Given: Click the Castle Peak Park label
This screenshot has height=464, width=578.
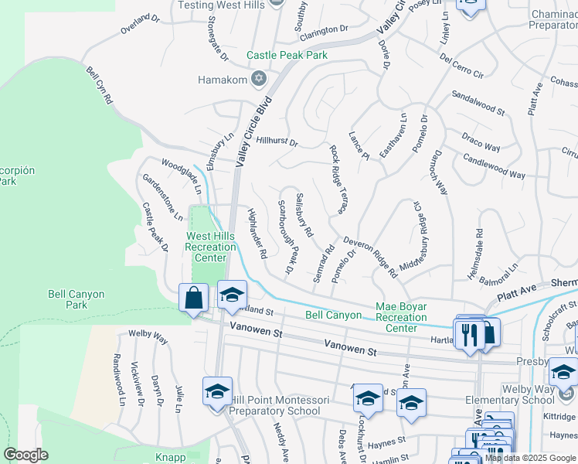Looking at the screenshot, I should (287, 55).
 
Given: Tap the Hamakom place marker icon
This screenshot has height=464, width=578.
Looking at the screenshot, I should (259, 78).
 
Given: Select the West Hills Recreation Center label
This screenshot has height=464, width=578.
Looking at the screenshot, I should (211, 247).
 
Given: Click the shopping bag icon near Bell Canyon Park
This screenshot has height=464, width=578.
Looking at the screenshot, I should (192, 298).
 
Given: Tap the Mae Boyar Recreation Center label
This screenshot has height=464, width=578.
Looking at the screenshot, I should (401, 317).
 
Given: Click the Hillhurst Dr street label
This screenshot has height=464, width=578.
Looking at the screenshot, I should (277, 142).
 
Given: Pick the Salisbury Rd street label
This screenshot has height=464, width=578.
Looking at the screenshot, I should (304, 214).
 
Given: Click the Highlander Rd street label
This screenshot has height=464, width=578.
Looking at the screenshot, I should (257, 233).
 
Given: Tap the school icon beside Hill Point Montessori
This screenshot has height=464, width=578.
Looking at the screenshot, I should (218, 391).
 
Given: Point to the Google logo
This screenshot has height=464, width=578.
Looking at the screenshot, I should (25, 455).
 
